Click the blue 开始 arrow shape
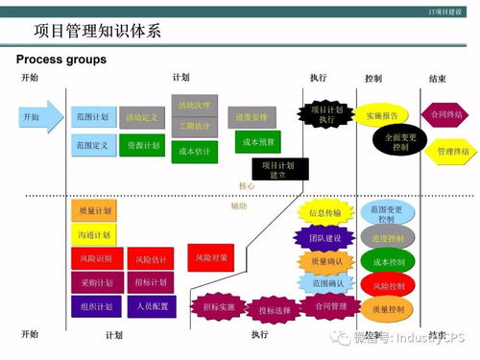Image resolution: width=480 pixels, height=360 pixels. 37,117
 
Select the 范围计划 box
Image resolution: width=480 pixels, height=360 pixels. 93,117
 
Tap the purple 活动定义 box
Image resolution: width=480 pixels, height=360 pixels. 142,117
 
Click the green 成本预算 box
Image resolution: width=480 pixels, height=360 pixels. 257,142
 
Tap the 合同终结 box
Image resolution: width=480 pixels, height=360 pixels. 446,114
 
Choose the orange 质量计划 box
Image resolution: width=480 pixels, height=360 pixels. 93,209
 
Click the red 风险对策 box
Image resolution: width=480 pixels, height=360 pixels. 210,257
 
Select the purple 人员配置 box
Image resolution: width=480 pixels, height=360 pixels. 151,307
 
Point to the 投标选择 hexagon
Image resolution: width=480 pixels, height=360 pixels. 274,310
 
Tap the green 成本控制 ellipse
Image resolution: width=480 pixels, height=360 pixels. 388,261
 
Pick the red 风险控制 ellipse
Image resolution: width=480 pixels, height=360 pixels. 388,285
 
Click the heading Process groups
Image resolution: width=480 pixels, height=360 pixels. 61,60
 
